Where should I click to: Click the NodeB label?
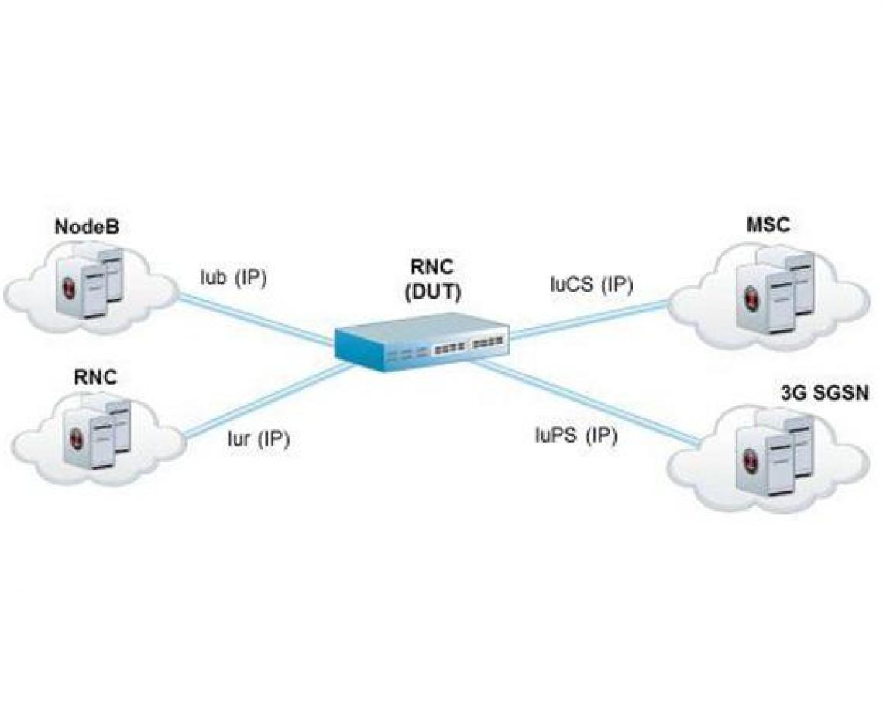coord(91,228)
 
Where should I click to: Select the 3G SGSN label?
coord(824,392)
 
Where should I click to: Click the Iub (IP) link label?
coord(232,278)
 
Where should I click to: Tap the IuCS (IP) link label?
coord(591,285)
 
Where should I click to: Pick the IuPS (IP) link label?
coord(575,436)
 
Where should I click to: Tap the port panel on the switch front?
coord(468,344)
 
